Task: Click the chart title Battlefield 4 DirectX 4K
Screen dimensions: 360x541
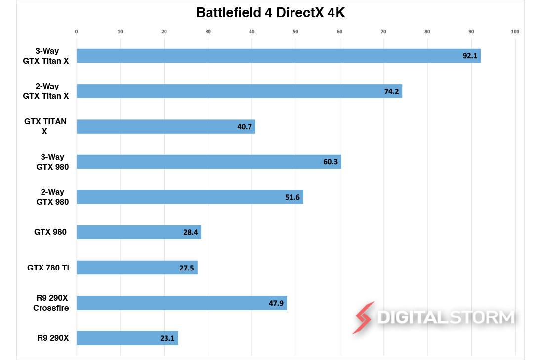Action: [x=270, y=13]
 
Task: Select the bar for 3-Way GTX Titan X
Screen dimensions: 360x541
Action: [x=278, y=56]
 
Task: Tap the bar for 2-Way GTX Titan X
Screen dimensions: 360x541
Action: [x=239, y=91]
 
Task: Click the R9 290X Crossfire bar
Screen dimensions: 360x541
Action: [x=181, y=303]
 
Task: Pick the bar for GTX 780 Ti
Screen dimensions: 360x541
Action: [x=137, y=268]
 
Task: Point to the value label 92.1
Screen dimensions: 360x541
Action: [x=470, y=56]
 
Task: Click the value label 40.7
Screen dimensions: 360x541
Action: [x=245, y=127]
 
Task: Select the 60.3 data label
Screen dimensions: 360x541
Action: [x=331, y=162]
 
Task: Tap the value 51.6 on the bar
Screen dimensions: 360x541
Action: [x=292, y=197]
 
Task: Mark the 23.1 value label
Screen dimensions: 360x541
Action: [x=167, y=338]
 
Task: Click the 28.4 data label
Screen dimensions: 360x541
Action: [x=191, y=232]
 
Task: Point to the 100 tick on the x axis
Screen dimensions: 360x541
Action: [x=515, y=32]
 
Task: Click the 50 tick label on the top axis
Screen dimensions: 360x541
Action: [x=295, y=32]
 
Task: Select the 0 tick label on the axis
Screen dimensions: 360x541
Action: [x=76, y=32]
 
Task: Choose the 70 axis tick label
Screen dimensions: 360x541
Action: [x=383, y=32]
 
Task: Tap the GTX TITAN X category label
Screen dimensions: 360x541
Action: [x=45, y=126]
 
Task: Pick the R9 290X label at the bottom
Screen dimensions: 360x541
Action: [x=51, y=338]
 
